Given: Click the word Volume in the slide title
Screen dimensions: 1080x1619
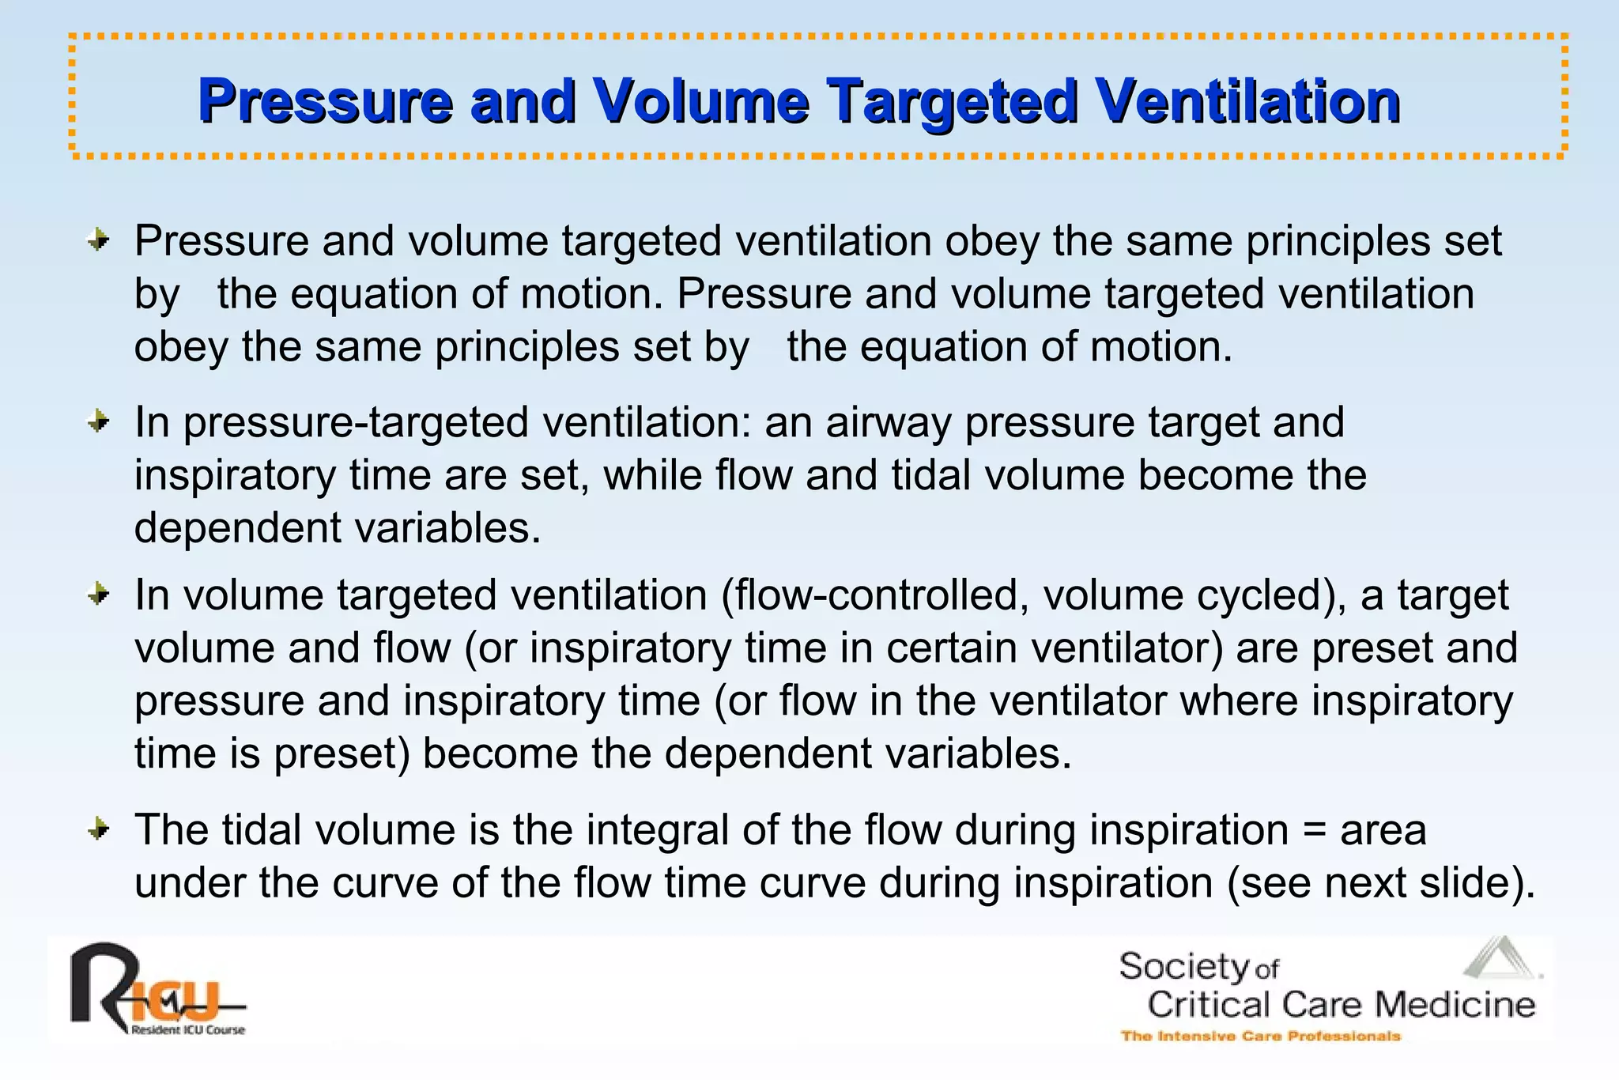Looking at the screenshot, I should pos(700,101).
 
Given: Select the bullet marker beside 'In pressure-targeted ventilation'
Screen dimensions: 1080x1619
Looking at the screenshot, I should pos(98,422).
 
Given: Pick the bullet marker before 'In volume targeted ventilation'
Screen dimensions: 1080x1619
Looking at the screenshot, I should pos(98,595).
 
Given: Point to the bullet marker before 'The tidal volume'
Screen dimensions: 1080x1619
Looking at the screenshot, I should pos(98,830).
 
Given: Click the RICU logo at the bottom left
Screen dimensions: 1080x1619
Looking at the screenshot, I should pos(150,988).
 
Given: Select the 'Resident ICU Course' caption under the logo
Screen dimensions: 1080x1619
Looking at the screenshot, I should pos(188,1030).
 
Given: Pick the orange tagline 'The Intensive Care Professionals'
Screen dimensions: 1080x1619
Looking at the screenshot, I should pos(1260,1036).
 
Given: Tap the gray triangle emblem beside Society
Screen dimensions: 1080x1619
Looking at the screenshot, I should pos(1500,958).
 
